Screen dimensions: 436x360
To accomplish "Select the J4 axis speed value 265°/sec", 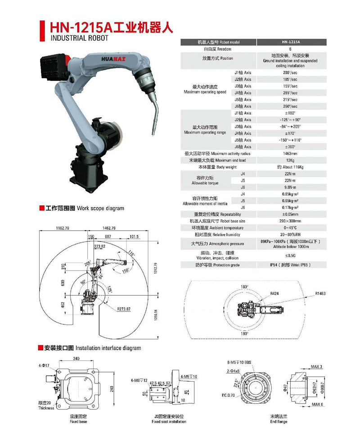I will point(290,93).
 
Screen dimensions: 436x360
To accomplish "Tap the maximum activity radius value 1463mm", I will point(290,154).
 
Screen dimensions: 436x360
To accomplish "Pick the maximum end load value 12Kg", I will point(290,160).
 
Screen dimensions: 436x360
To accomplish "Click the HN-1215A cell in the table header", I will point(290,42).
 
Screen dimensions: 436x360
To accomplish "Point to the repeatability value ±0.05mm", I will point(290,214).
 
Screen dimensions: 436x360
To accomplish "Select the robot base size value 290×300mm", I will point(290,221).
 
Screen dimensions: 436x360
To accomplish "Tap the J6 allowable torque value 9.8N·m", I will point(290,187).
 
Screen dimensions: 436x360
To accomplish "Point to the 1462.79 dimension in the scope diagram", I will point(108,228).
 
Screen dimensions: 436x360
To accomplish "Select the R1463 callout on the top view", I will point(320,293).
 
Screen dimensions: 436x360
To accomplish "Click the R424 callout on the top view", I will point(275,293).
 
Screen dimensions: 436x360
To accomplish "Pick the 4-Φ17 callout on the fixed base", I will point(45,366).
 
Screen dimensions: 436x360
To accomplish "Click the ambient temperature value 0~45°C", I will point(290,228).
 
